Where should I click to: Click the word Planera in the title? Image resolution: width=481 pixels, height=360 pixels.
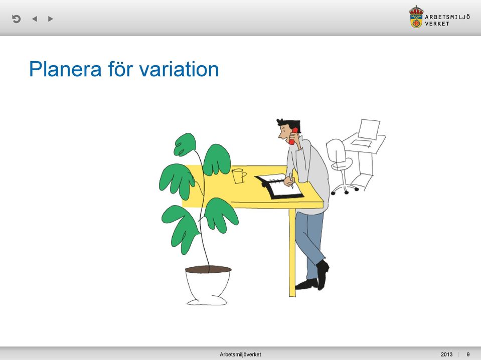pos(65,69)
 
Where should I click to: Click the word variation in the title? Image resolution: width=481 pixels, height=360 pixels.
pos(179,69)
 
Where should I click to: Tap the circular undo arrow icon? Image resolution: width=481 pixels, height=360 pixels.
pos(16,19)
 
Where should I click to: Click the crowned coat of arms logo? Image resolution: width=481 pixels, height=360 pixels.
pos(416,17)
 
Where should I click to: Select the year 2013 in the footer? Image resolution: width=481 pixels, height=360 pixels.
pos(446,354)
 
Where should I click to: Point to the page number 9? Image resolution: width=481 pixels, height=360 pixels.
pos(468,354)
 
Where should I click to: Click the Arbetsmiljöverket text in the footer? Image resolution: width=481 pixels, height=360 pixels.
pos(240,354)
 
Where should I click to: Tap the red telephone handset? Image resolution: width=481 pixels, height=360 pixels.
pos(293,136)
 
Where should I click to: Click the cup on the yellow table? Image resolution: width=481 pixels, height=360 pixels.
pos(239,175)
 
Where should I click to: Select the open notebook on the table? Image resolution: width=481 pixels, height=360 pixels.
pos(279,187)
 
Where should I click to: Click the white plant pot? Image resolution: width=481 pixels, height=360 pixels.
pos(208,287)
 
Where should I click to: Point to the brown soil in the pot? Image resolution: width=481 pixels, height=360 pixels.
pos(208,269)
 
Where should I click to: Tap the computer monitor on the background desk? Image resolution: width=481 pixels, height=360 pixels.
pos(369,129)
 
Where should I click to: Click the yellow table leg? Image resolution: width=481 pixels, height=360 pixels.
pos(292,252)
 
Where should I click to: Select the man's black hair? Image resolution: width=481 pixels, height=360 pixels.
pos(289,125)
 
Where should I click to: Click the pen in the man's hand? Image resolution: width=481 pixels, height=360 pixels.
pos(291,181)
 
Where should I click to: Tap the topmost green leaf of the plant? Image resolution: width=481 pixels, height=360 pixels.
pos(185,144)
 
